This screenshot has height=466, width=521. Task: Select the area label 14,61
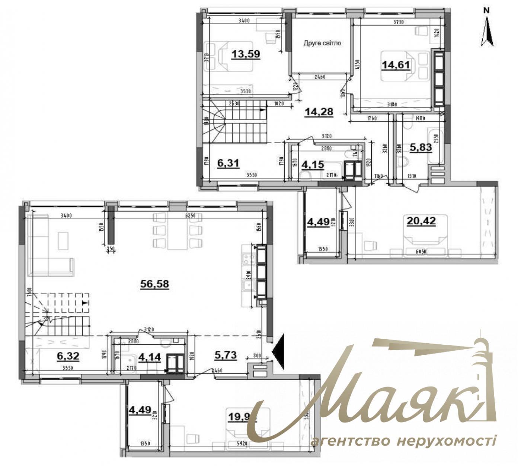(x=396, y=65)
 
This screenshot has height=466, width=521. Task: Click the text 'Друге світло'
(x=322, y=43)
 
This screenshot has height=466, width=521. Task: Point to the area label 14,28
(x=319, y=111)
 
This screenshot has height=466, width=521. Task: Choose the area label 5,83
(x=421, y=147)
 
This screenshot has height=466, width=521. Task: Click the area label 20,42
(x=421, y=222)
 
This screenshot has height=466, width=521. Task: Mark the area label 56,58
(x=155, y=284)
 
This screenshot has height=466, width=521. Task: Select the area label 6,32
(x=68, y=356)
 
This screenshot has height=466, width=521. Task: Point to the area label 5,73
(x=226, y=355)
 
